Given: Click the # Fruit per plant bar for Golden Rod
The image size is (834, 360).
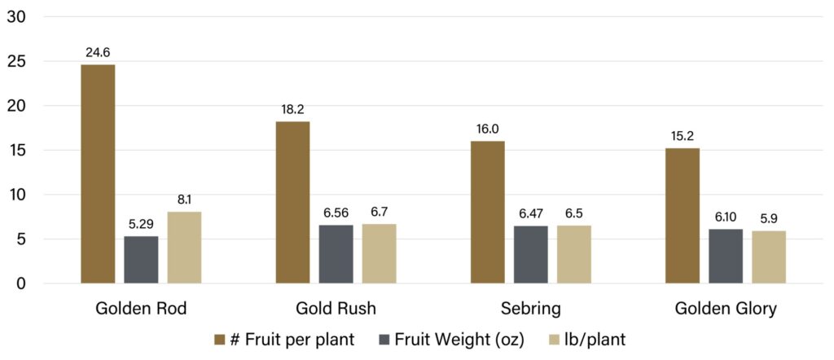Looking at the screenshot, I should [x=98, y=173].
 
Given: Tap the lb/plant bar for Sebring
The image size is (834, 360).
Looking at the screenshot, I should [x=574, y=254].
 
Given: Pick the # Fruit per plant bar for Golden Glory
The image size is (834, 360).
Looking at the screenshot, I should [x=683, y=216].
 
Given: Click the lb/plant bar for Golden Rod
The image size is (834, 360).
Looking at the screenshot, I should [x=184, y=248].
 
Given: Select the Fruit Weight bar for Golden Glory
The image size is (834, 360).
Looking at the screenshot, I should [x=726, y=256].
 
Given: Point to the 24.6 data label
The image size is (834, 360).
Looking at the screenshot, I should [x=98, y=53].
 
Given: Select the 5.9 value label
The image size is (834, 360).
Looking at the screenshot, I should [x=769, y=219].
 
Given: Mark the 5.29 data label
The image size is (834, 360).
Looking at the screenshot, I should [x=141, y=225].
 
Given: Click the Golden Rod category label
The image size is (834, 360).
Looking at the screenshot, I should [x=141, y=310].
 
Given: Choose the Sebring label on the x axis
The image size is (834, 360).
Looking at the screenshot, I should [x=530, y=310].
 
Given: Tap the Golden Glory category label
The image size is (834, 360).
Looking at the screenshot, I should [x=725, y=310].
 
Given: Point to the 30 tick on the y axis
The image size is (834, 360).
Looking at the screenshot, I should [x=15, y=17].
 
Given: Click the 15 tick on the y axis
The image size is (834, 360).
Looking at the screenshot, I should [x=15, y=151].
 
